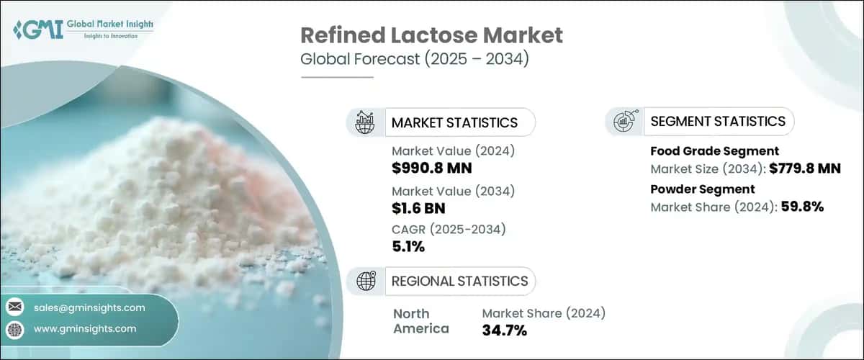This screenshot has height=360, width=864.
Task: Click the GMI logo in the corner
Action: (83, 30)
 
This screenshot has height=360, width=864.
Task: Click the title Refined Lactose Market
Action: (431, 35)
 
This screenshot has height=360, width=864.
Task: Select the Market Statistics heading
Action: (454, 122)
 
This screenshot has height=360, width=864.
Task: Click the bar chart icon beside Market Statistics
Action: (365, 122)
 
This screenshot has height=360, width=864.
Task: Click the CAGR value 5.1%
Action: (408, 248)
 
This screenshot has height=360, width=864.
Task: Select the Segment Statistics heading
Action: (718, 121)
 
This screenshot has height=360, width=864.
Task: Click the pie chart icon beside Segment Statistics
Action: (624, 122)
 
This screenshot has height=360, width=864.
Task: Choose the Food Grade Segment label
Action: (714, 151)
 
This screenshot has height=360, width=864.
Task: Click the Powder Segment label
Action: (702, 189)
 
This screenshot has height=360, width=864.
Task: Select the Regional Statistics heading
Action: (459, 281)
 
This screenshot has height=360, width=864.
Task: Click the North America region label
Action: (421, 321)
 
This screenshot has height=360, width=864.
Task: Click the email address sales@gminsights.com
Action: (89, 307)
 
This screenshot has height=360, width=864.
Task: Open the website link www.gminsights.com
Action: (85, 329)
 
